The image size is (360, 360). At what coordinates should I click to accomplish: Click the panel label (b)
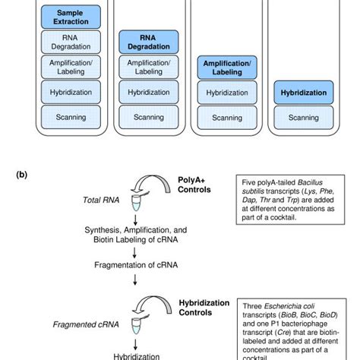[23, 172]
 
